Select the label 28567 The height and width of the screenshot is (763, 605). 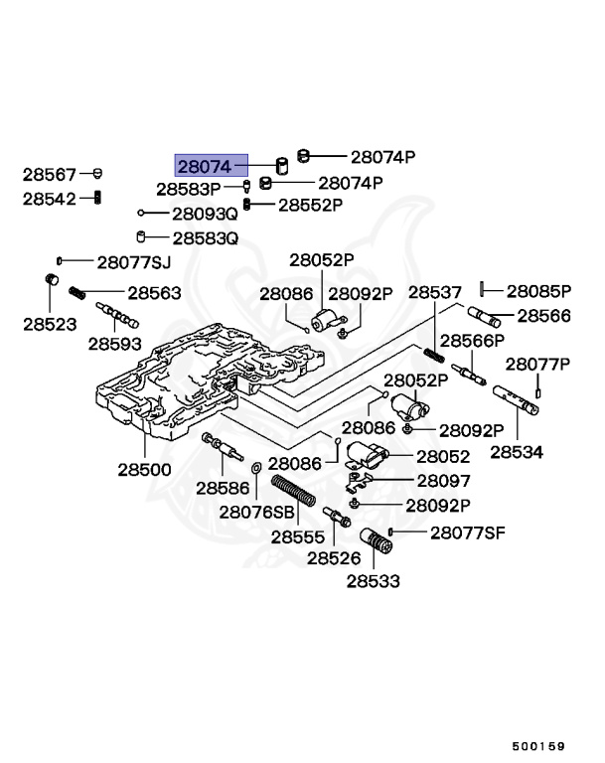click(x=50, y=175)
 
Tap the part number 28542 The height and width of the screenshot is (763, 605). click(x=50, y=198)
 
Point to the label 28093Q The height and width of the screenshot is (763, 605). click(x=205, y=214)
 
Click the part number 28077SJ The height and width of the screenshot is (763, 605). click(x=134, y=262)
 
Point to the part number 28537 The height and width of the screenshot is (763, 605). click(x=435, y=293)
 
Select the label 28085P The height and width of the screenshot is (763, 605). click(x=539, y=291)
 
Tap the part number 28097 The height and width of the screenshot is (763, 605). click(x=442, y=480)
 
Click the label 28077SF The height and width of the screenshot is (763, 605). click(x=467, y=533)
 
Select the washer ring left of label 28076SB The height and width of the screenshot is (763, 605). click(x=256, y=466)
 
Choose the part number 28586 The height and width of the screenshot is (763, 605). click(x=222, y=487)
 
